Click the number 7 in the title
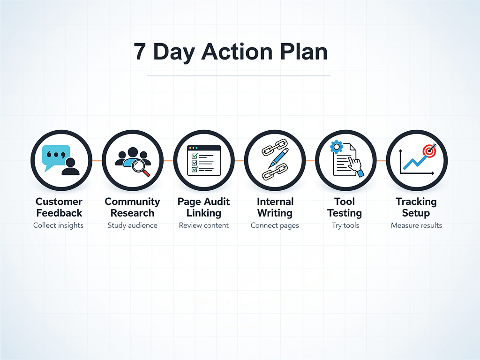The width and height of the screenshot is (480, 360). point(140,52)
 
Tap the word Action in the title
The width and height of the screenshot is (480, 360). point(236,52)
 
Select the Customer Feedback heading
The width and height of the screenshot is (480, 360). point(59,207)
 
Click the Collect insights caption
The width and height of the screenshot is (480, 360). point(59,225)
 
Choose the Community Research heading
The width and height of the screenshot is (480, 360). point(132,207)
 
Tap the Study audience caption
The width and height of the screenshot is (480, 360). point(132,225)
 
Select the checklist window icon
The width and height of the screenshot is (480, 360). point(204,160)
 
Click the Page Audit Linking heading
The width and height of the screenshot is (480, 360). point(204,207)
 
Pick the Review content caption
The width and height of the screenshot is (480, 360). point(204,225)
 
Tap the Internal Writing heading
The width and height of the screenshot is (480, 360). point(275,207)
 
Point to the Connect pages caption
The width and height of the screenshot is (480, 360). point(275,225)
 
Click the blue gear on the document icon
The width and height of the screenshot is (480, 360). point(336,147)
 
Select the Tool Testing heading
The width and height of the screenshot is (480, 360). point(345,207)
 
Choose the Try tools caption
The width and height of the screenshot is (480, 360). point(345,225)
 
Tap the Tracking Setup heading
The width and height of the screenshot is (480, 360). point(416,207)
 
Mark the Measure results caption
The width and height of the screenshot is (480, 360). point(416,225)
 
